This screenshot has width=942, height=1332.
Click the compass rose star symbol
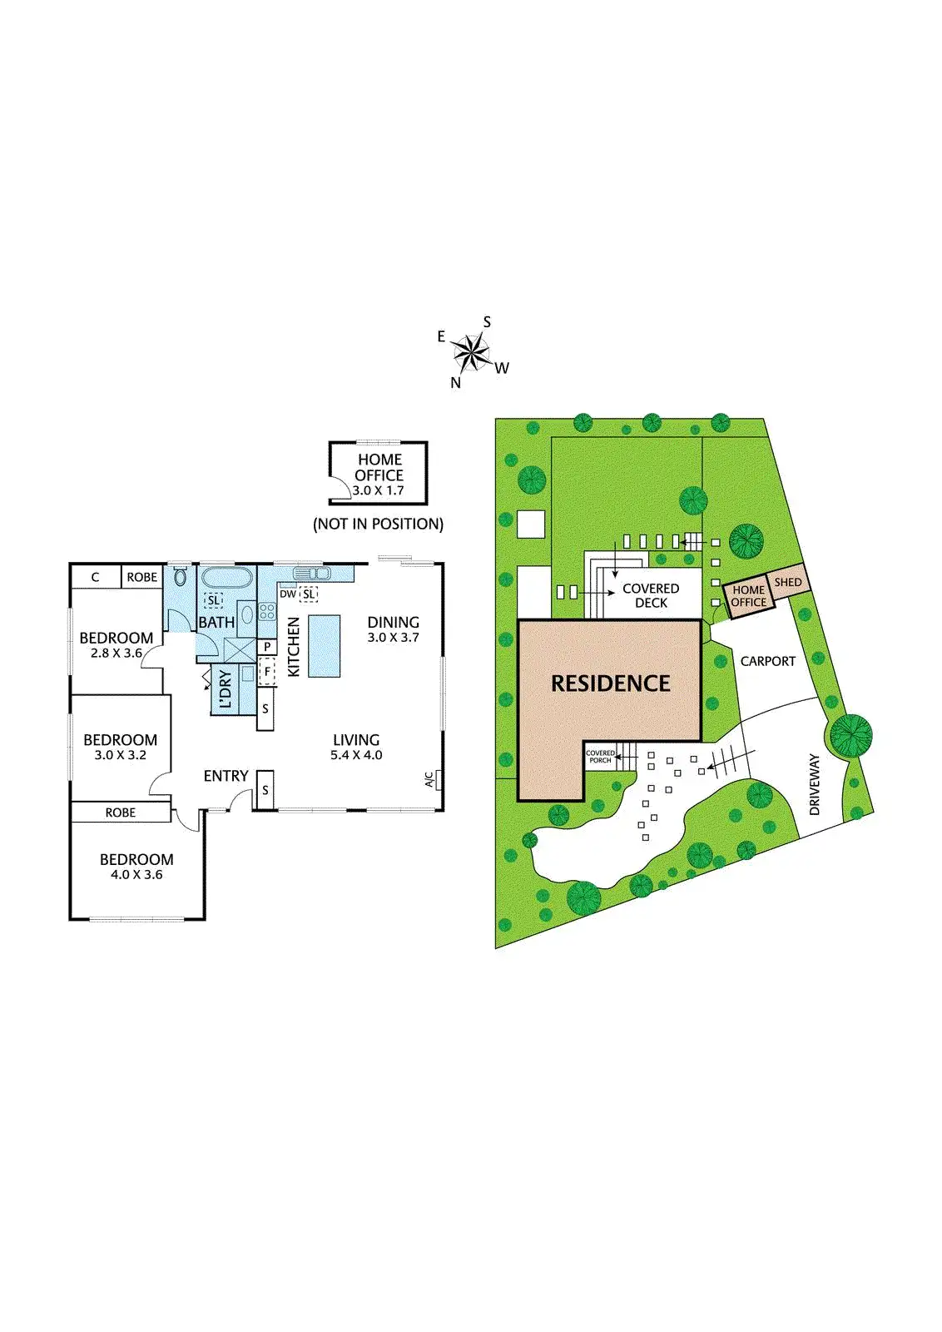tap(472, 353)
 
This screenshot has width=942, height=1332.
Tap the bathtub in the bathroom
tap(226, 578)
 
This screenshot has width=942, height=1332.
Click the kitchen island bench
tap(325, 646)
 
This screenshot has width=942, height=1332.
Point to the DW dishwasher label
tap(288, 594)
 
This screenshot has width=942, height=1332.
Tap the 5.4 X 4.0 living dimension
tap(356, 755)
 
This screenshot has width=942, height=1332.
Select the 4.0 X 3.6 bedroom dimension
tap(136, 875)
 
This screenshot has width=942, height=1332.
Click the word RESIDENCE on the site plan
tap(611, 683)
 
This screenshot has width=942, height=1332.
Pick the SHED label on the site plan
tap(788, 582)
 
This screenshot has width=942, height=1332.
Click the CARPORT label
tap(768, 661)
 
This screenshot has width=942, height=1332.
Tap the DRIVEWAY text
tap(815, 784)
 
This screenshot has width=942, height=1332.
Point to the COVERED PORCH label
tap(600, 757)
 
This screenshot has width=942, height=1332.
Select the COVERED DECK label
tap(651, 595)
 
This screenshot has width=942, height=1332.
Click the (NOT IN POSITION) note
tap(378, 524)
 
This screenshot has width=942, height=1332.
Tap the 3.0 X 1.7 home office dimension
tap(378, 491)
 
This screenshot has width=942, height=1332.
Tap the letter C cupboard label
tap(95, 577)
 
